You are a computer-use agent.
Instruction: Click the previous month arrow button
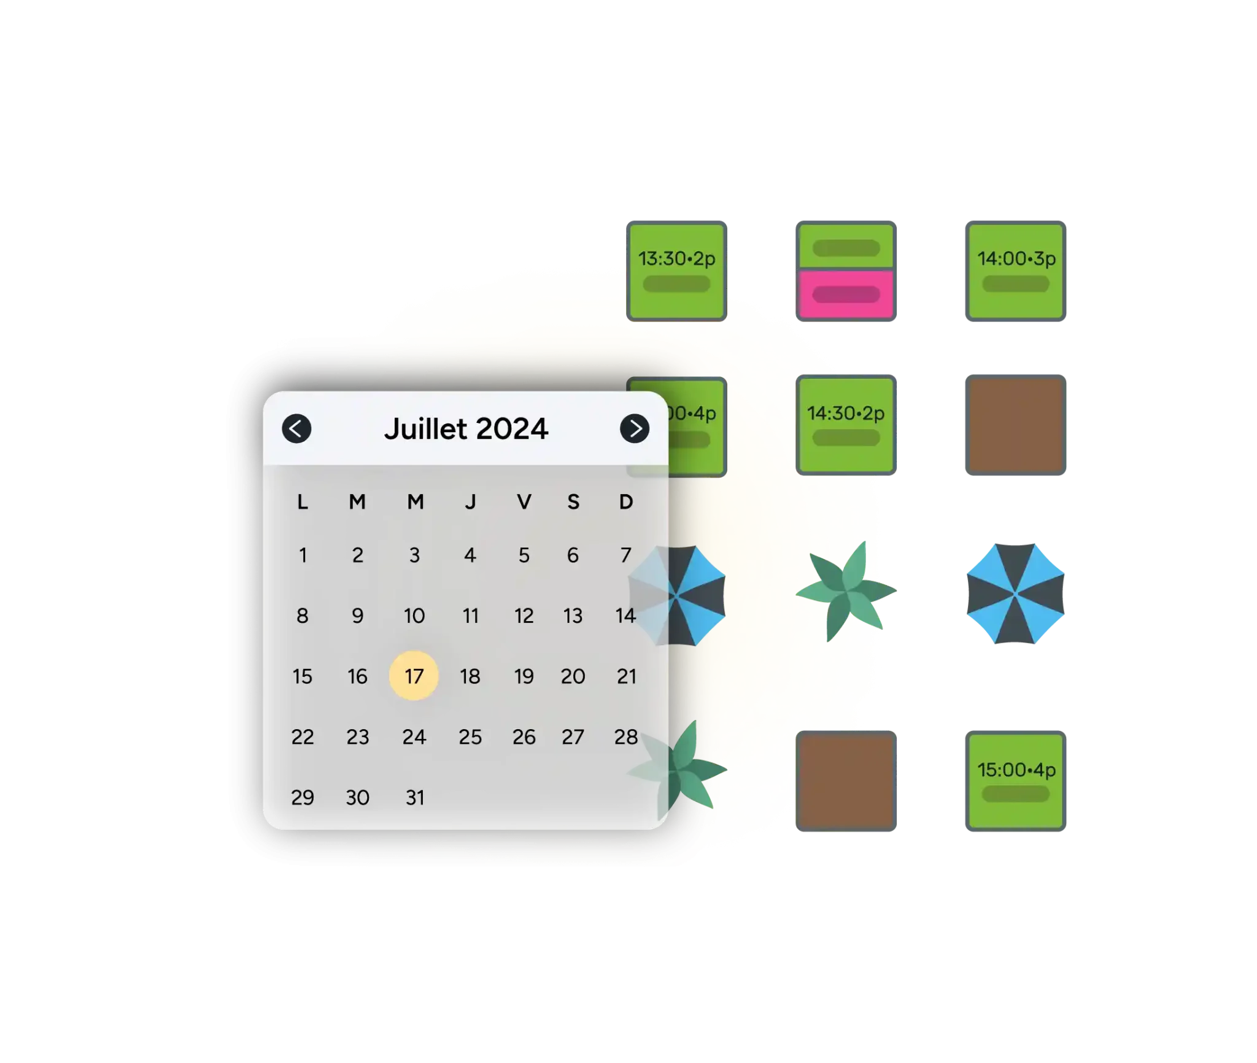296,428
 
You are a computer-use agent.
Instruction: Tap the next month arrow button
635,428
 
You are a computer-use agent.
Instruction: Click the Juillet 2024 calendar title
466,428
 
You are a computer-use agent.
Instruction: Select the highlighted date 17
414,676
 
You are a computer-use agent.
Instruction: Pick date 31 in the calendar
415,797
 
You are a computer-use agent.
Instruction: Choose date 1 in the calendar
303,555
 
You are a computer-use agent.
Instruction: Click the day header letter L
303,502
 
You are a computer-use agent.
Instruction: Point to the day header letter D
626,502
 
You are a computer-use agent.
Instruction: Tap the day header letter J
470,502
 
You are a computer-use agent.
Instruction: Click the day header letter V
524,502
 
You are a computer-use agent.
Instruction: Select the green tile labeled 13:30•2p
676,271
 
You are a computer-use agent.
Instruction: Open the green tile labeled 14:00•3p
1015,271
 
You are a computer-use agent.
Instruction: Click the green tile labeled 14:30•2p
846,425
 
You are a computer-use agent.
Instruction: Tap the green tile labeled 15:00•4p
1015,781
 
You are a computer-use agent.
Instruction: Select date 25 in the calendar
470,736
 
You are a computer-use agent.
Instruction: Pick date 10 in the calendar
414,616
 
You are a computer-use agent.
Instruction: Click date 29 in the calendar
303,797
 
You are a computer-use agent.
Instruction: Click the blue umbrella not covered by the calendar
1015,593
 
